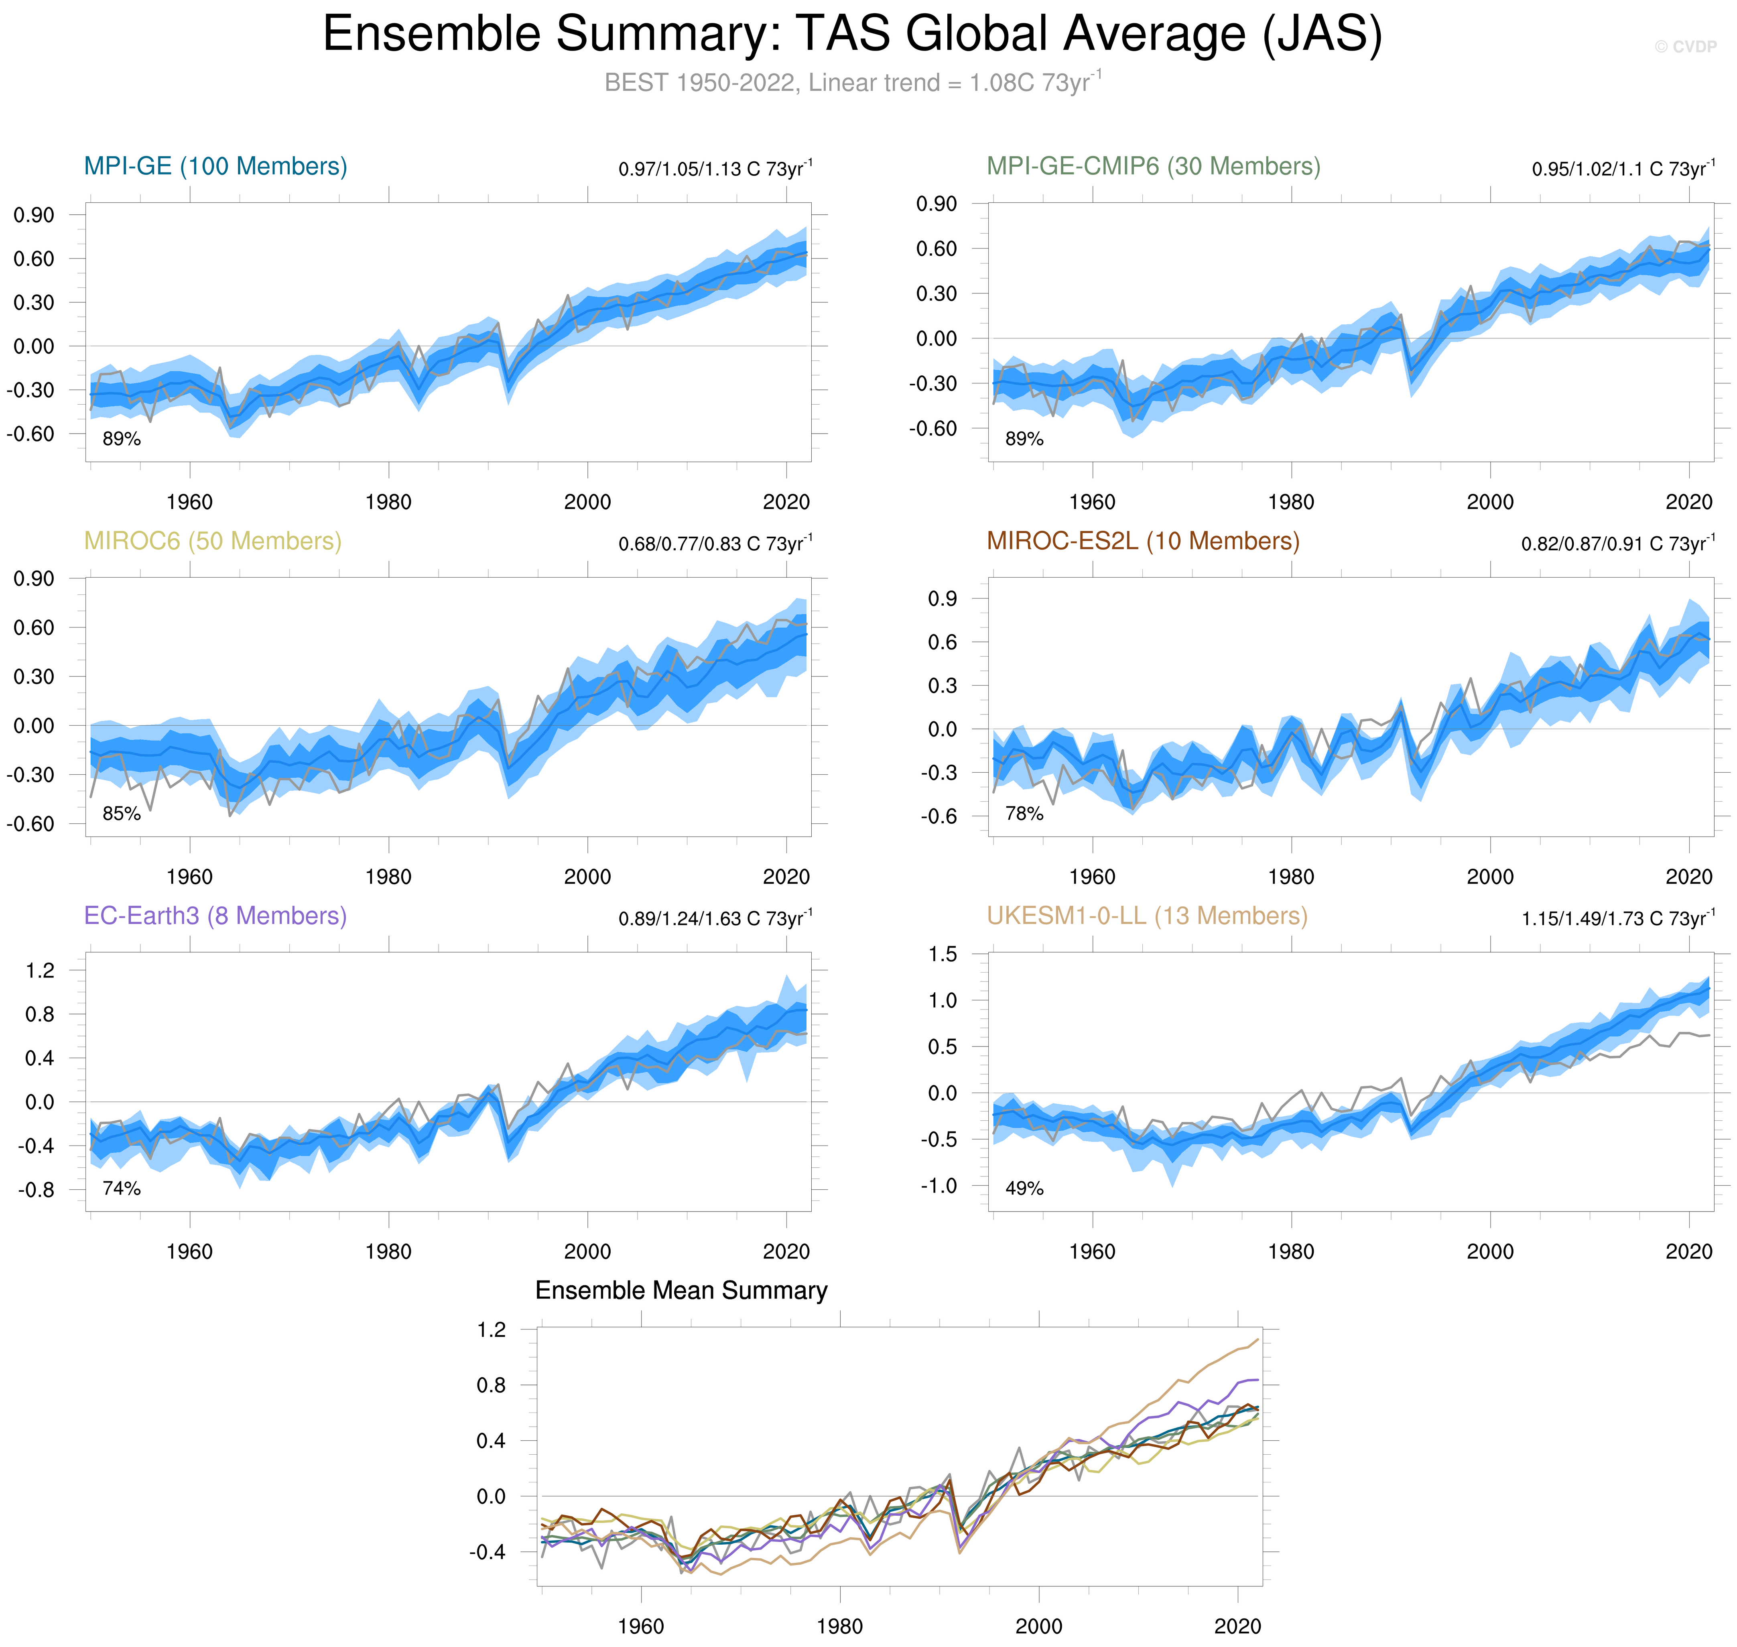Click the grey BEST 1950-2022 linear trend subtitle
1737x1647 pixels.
click(x=852, y=83)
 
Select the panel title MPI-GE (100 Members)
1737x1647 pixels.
click(x=215, y=166)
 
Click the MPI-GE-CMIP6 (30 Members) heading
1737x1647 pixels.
click(x=1152, y=166)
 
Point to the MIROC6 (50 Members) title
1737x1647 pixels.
click(x=212, y=541)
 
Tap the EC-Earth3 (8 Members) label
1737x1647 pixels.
click(x=215, y=916)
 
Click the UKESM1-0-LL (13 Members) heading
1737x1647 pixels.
click(x=1146, y=916)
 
